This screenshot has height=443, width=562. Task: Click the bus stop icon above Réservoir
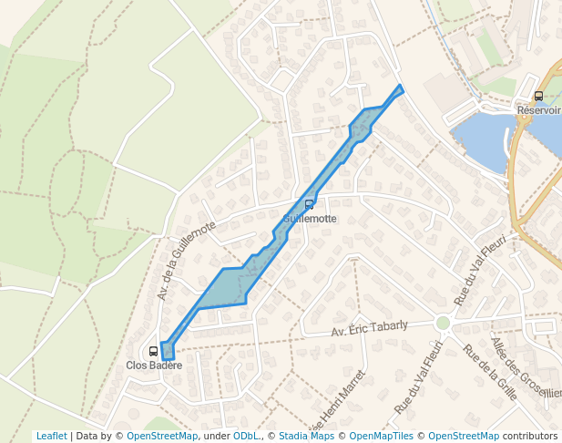tap(538, 96)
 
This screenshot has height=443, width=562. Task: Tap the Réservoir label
tap(538, 109)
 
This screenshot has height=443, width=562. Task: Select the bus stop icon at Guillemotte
tap(310, 204)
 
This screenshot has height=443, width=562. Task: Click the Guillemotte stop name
tap(310, 219)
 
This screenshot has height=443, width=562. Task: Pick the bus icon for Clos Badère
tap(153, 351)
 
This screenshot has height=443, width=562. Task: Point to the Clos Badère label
tap(154, 366)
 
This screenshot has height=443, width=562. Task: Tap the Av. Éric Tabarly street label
tap(382, 329)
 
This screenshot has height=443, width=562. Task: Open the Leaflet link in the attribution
tap(51, 436)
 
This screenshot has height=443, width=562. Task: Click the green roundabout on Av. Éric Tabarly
tap(444, 323)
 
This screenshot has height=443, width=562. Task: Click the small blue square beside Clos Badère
tap(167, 351)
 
